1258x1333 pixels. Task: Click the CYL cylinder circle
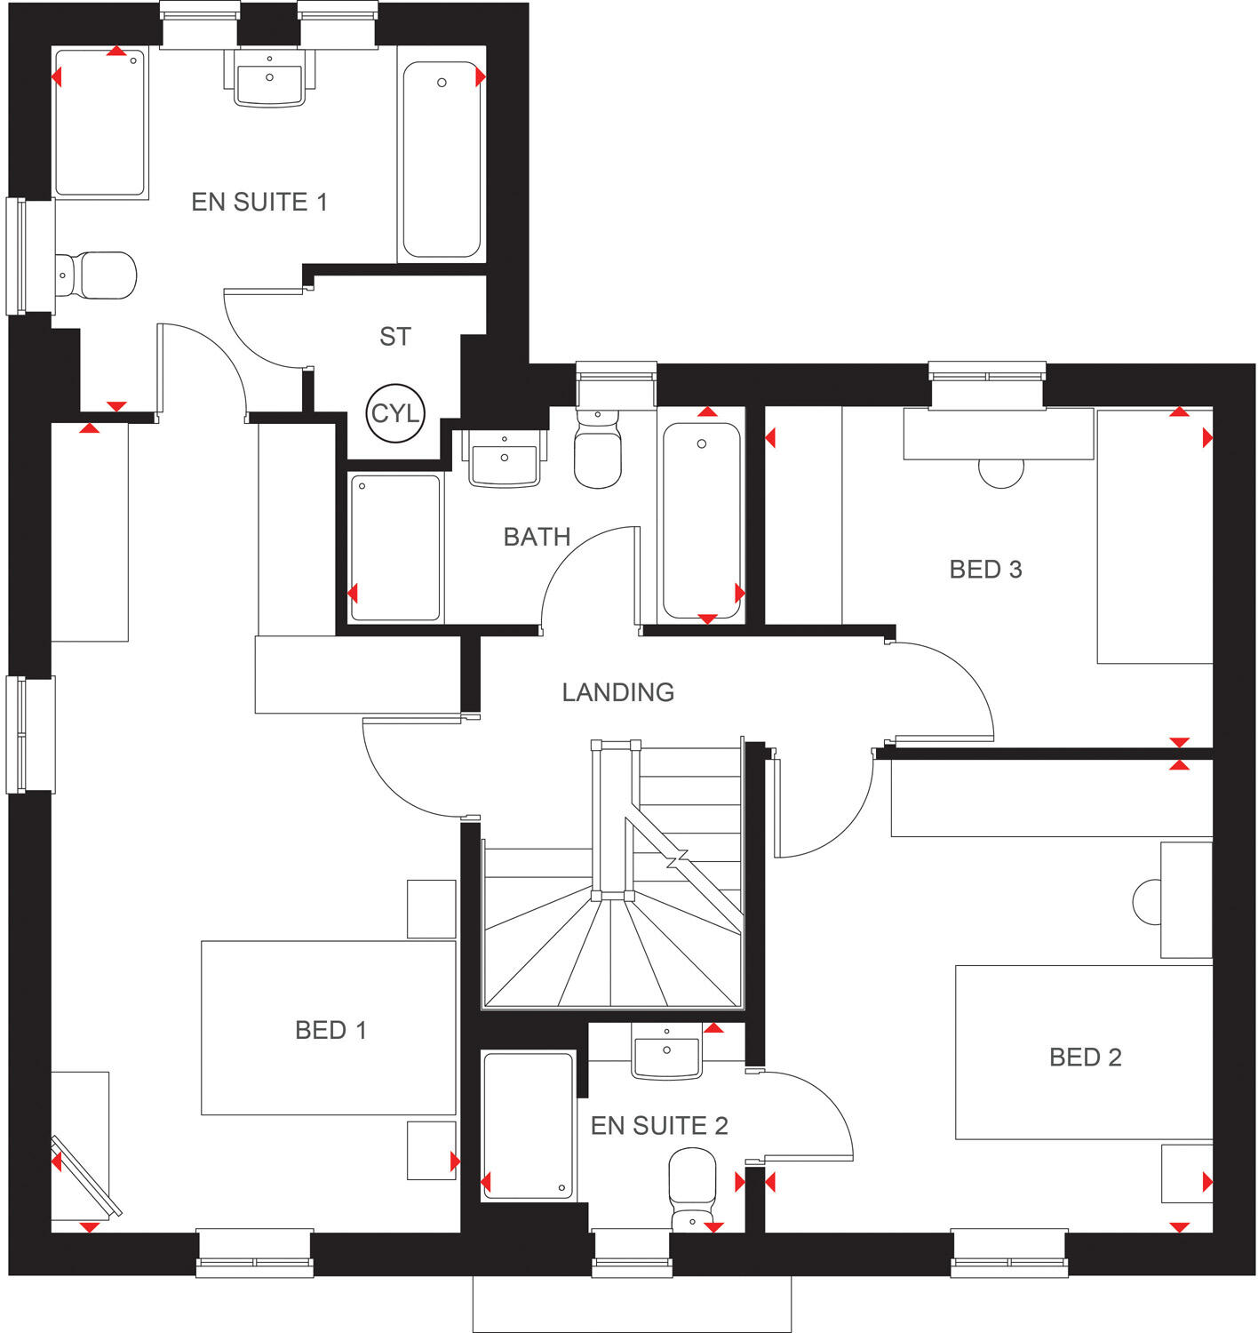tap(395, 413)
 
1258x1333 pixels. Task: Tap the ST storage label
tap(395, 337)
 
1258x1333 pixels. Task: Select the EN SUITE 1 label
tap(259, 203)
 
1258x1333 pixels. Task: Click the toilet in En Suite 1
tap(96, 275)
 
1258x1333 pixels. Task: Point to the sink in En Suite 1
tap(269, 78)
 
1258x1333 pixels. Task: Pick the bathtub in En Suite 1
tap(442, 160)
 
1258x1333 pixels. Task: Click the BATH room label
tap(537, 537)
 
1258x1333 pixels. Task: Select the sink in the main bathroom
tap(505, 459)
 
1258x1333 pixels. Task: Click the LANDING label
tap(617, 692)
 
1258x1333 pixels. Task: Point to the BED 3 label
tap(985, 570)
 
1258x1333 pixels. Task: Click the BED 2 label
tap(1085, 1058)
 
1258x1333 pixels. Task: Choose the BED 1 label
tap(330, 1030)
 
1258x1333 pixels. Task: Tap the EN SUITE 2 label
tap(659, 1126)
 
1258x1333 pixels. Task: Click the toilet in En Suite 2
tap(692, 1186)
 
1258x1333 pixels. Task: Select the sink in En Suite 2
tap(666, 1054)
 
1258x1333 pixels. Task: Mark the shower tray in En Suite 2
tap(528, 1125)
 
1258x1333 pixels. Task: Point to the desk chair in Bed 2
tap(1147, 900)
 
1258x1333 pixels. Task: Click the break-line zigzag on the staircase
tap(678, 859)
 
